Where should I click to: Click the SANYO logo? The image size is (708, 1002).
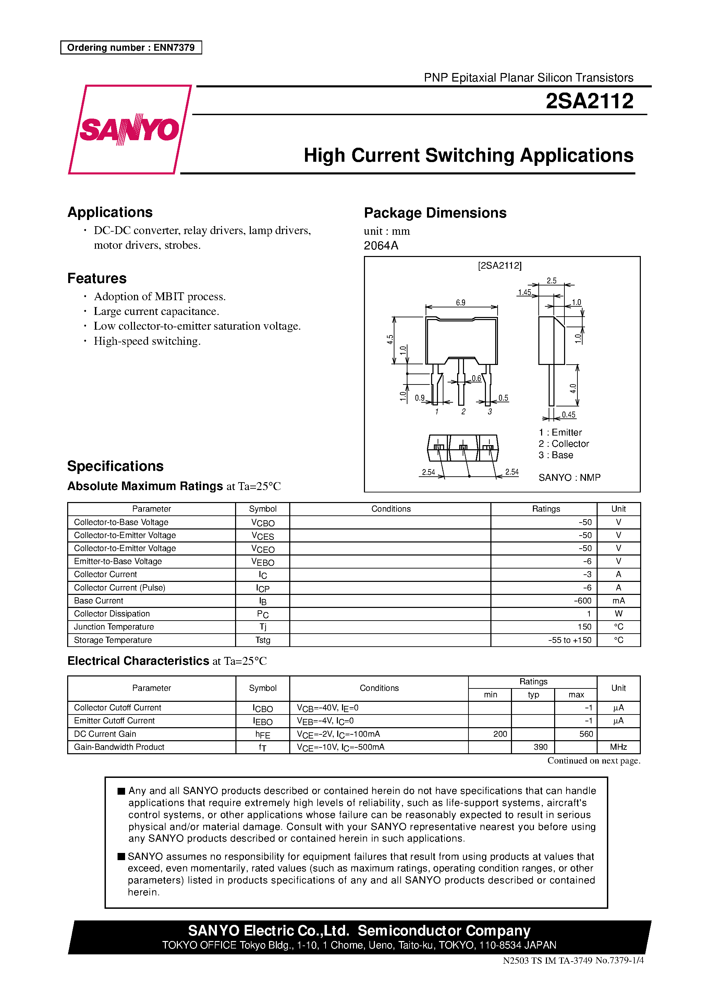point(130,129)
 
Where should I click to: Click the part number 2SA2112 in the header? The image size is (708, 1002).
point(589,101)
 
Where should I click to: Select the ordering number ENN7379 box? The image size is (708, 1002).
point(131,48)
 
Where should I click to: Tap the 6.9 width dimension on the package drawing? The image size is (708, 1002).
point(461,303)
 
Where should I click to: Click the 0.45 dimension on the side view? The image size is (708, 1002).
point(568,415)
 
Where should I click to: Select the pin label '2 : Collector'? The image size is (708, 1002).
point(563,444)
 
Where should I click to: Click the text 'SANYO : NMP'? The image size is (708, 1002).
point(569,477)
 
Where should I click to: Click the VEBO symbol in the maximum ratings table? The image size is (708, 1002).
point(263,562)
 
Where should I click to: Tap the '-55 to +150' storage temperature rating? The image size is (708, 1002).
point(570,640)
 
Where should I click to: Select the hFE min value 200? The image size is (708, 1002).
point(500,734)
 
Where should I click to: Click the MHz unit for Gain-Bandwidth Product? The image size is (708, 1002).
point(618,747)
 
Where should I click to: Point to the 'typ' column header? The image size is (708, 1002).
point(533,695)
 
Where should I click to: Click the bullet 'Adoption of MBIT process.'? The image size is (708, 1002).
point(160,297)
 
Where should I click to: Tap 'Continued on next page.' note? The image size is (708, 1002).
point(593,761)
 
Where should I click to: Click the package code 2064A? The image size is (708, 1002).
point(381,246)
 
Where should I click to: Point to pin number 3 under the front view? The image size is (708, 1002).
point(490,412)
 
